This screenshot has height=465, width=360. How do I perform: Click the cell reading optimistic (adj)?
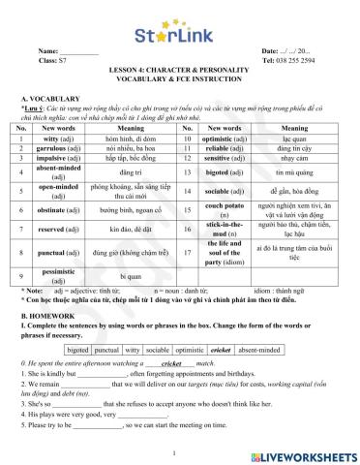pyautogui.click(x=234, y=139)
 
